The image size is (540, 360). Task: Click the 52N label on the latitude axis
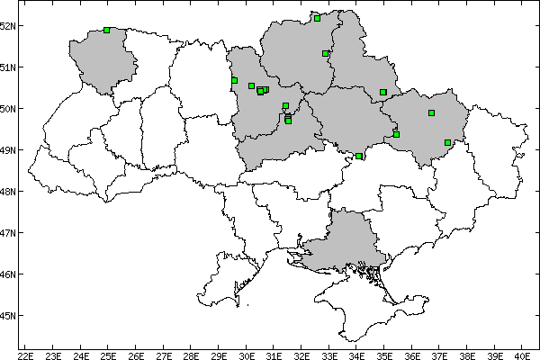[x=7, y=25]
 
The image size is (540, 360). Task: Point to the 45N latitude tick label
[x=7, y=316]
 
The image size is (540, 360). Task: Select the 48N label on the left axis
[x=7, y=192]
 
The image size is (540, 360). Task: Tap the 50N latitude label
[x=7, y=108]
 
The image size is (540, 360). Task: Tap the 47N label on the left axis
[x=7, y=233]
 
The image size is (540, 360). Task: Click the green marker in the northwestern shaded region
[x=107, y=30]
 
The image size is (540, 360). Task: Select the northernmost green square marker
[x=317, y=17]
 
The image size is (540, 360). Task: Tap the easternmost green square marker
[x=447, y=142]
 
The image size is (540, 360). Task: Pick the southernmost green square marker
[x=359, y=156]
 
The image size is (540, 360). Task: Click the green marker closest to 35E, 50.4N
[x=382, y=92]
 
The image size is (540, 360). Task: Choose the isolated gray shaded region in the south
[x=342, y=243]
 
